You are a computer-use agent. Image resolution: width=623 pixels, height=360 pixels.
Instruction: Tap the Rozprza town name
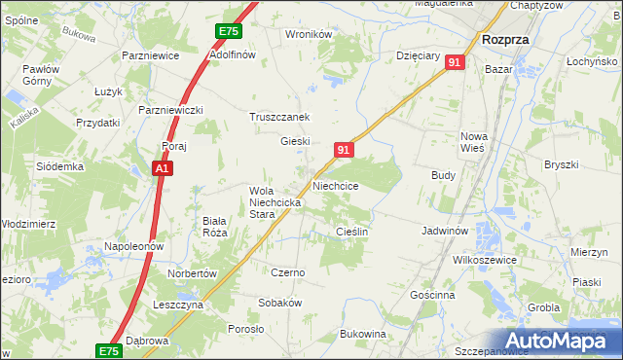click(505, 40)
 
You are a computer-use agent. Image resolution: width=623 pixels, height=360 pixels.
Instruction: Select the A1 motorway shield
click(164, 169)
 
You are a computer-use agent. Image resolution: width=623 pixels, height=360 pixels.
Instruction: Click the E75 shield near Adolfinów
click(229, 32)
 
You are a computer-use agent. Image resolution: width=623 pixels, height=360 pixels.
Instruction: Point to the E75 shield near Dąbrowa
click(109, 350)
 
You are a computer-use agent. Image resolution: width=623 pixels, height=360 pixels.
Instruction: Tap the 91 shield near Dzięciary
click(455, 62)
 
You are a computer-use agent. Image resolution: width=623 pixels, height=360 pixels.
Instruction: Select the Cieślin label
click(351, 232)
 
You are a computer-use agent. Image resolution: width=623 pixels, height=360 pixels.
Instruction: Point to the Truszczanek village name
click(285, 117)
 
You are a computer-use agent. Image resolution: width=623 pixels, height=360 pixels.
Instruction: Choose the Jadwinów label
click(446, 232)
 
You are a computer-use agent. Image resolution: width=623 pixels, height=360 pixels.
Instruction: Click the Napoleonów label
click(133, 247)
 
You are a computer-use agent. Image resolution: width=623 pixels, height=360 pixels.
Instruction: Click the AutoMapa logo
click(559, 342)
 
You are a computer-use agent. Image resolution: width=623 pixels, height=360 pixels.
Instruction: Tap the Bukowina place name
click(363, 335)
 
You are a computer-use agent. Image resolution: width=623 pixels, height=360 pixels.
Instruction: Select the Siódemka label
click(60, 166)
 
